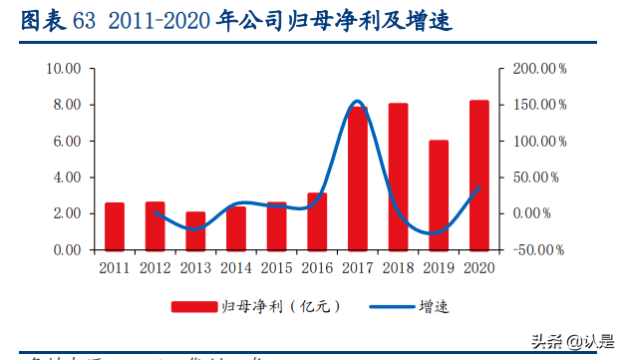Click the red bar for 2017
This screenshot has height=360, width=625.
pos(357,179)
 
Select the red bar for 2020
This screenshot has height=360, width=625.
pos(478,176)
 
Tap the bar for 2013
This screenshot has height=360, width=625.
pos(195,230)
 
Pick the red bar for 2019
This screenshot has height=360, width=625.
pos(439,195)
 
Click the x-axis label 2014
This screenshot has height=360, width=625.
pos(235,267)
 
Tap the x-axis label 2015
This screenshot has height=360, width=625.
pos(276,267)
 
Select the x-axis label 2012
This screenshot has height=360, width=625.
pos(155,267)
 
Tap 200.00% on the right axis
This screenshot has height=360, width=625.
pos(539,69)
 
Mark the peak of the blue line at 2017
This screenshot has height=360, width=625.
pos(357,102)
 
